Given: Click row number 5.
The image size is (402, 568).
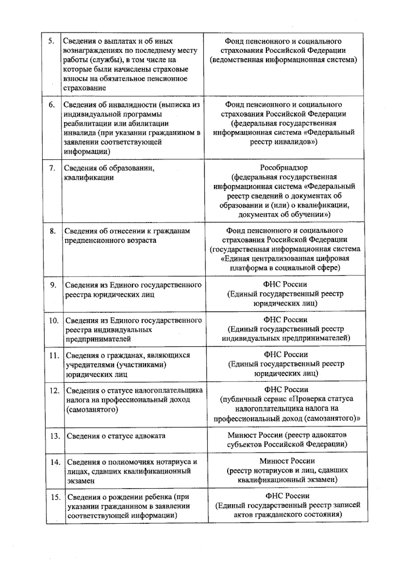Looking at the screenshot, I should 51,41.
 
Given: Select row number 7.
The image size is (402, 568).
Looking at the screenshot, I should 52,168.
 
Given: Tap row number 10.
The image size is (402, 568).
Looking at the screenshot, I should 54,321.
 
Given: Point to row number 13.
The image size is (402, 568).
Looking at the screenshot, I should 55,436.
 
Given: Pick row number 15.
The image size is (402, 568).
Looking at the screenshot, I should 56,497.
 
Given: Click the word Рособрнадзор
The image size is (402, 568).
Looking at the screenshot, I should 284,167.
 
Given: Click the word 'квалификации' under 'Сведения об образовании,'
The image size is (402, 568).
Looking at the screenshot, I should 89,178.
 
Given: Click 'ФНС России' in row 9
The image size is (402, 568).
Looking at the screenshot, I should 285,284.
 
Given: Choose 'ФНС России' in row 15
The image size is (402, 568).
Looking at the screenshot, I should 287,496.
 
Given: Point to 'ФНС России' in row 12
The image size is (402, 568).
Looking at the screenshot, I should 286,390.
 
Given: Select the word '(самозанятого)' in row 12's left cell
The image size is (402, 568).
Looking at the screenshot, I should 92,409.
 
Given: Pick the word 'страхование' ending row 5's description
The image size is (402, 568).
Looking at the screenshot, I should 84,88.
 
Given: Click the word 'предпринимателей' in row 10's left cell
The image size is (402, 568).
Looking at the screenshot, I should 98,339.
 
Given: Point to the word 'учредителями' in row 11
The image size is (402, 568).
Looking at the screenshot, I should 89,365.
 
